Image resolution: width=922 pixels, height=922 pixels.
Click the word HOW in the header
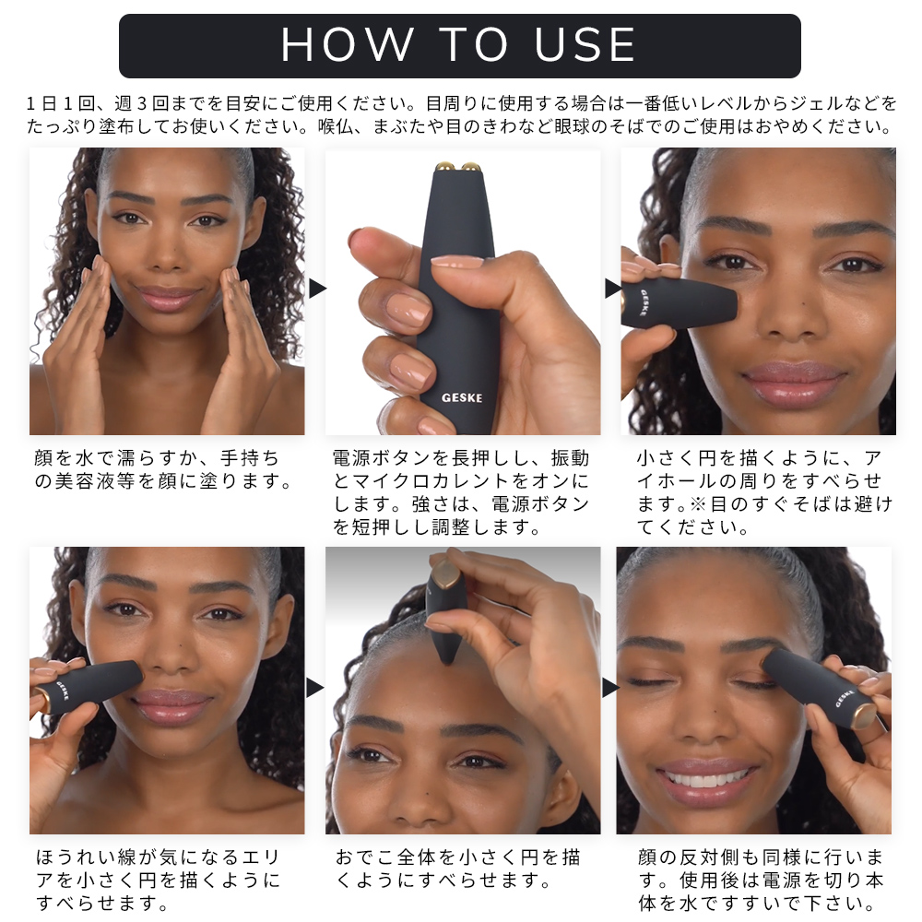[x=347, y=44]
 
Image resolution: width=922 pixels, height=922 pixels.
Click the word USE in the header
[x=585, y=44]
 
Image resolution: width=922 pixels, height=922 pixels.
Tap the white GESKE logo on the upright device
[x=462, y=398]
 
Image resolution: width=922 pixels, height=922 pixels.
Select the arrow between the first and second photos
[x=317, y=288]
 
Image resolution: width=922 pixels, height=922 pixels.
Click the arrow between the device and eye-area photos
[x=613, y=288]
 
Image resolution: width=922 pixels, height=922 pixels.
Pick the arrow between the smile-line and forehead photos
[x=315, y=688]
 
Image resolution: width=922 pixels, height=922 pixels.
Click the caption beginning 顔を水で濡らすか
[x=163, y=469]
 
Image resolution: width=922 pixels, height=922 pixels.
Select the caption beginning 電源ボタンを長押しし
[x=461, y=492]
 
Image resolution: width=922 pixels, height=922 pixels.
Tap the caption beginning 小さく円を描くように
[x=764, y=492]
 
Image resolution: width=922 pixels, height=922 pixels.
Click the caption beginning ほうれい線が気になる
[x=159, y=880]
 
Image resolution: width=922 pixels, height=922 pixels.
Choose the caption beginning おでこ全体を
[x=457, y=869]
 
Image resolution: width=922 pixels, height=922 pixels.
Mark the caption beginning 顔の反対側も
[x=761, y=880]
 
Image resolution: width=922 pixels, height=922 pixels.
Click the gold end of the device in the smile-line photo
[x=43, y=701]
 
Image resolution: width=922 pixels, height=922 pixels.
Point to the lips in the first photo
[x=167, y=298]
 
